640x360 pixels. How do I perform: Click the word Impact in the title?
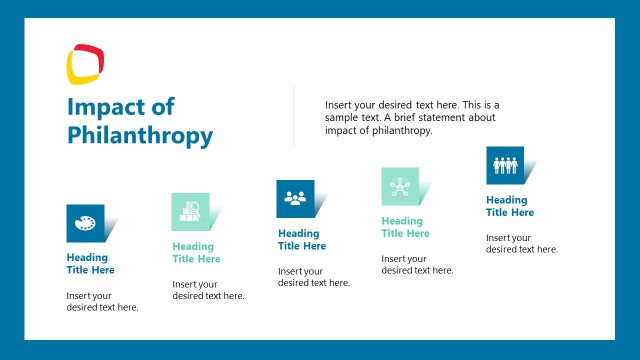click(105, 108)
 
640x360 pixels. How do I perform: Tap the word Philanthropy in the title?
click(140, 135)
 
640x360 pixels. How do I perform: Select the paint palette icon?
click(85, 223)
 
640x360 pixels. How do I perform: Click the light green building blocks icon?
click(190, 211)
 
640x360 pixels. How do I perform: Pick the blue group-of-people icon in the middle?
click(295, 198)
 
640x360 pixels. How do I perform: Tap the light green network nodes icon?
click(400, 187)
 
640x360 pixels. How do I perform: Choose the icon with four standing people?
click(505, 165)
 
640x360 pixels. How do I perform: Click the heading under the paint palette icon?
click(90, 264)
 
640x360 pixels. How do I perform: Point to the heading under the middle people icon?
click(302, 240)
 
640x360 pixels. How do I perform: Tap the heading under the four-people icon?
click(510, 206)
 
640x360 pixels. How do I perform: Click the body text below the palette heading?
click(102, 301)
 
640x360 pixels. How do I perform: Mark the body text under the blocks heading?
click(208, 290)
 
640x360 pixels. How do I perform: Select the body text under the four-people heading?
click(522, 243)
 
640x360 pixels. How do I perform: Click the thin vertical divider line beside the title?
click(293, 115)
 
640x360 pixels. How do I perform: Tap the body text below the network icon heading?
click(417, 265)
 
